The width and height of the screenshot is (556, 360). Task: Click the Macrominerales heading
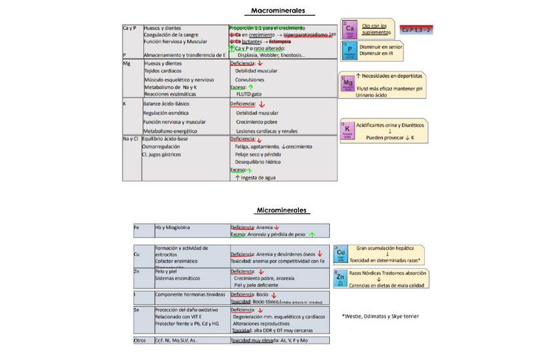coord(278,11)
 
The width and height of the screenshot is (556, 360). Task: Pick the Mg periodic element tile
coord(347,83)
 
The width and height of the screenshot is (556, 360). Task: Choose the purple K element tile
coord(347,130)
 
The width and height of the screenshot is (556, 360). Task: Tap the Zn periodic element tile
coord(340,278)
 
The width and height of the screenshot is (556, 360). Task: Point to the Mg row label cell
coord(127,64)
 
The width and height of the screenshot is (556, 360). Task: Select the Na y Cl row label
coord(131,139)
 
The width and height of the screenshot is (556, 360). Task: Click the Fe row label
coord(136,228)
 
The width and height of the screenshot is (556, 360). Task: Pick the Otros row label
coord(139,341)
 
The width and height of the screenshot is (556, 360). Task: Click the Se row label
coord(136,310)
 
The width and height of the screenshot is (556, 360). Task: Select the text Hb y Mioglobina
coord(172,228)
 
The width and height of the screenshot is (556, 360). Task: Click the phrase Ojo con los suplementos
coord(376,29)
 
